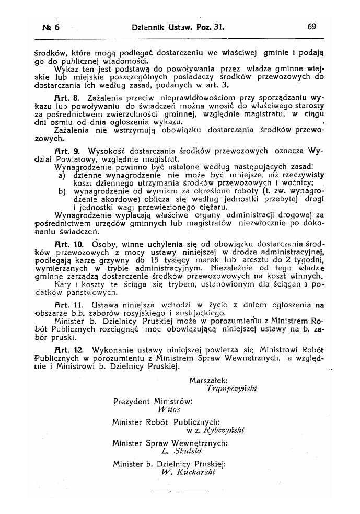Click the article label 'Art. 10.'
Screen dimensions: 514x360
68,244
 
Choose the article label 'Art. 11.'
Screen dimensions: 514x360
68,304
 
